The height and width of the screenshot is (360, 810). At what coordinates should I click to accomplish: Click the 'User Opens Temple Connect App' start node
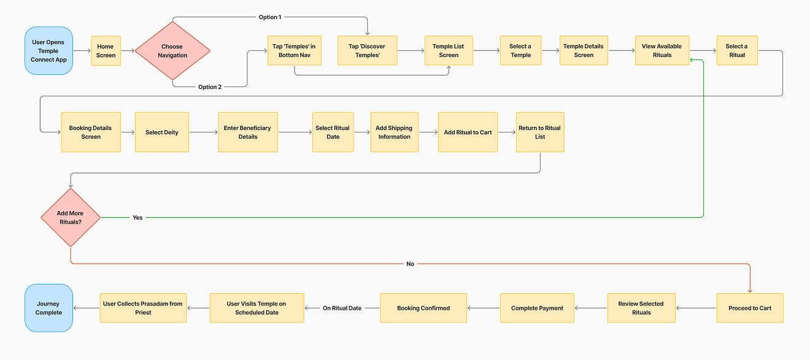point(48,51)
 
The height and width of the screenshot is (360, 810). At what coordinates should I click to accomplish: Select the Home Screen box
point(106,51)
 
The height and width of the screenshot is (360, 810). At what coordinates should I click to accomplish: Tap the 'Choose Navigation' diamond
point(172,51)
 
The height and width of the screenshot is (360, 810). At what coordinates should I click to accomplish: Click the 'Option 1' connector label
point(269,17)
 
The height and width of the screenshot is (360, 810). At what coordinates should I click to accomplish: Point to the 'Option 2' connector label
point(210,87)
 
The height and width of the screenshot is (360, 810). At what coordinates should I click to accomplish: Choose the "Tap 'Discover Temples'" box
point(368,51)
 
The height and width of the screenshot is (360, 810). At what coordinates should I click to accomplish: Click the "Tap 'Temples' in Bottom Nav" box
point(294,51)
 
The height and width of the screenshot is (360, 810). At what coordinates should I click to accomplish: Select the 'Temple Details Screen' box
point(584,51)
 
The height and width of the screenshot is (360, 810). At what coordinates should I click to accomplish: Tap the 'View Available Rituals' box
point(661,51)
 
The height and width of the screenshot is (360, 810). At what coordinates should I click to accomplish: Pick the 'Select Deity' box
point(162,132)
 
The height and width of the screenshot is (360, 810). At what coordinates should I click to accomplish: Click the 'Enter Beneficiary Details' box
point(248,132)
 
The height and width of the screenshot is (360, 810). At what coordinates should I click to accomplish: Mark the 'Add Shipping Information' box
point(394,132)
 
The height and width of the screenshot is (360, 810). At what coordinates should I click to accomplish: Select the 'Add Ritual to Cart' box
point(468,132)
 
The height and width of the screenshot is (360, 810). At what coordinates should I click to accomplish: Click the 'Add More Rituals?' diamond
point(71,218)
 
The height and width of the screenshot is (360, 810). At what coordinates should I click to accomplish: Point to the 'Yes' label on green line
point(137,218)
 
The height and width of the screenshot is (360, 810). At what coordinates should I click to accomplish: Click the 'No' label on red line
point(410,264)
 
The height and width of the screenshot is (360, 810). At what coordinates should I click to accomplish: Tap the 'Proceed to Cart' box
point(750,308)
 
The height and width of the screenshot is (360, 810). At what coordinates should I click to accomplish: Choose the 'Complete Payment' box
point(537,308)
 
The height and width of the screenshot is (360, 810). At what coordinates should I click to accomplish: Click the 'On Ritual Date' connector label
point(342,308)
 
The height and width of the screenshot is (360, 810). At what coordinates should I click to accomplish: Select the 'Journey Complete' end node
point(48,308)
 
